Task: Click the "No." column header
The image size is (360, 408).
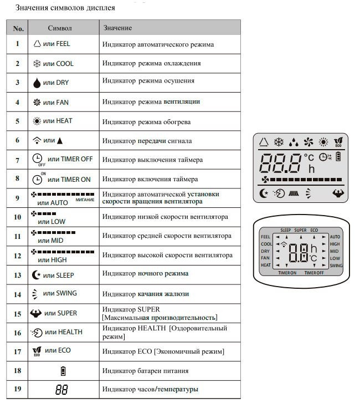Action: (18, 28)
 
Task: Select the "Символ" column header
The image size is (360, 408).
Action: (60, 28)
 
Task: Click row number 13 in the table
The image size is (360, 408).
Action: (18, 275)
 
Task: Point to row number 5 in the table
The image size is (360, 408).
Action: (18, 121)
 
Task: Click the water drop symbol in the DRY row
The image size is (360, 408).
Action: (37, 83)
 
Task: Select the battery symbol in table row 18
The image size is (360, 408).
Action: (61, 371)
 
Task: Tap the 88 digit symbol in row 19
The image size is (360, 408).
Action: (61, 389)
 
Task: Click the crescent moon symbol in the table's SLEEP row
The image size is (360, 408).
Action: (37, 275)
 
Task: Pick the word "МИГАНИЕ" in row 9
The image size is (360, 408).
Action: (85, 199)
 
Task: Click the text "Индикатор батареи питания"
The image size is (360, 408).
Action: (145, 371)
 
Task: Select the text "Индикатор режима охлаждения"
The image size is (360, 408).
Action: (151, 63)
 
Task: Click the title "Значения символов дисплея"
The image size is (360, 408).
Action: (65, 8)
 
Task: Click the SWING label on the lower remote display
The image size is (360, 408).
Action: (336, 266)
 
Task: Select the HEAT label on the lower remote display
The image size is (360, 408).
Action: (266, 266)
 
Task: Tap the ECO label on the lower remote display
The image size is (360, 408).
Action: (314, 229)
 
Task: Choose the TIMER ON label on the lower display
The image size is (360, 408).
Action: (287, 273)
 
